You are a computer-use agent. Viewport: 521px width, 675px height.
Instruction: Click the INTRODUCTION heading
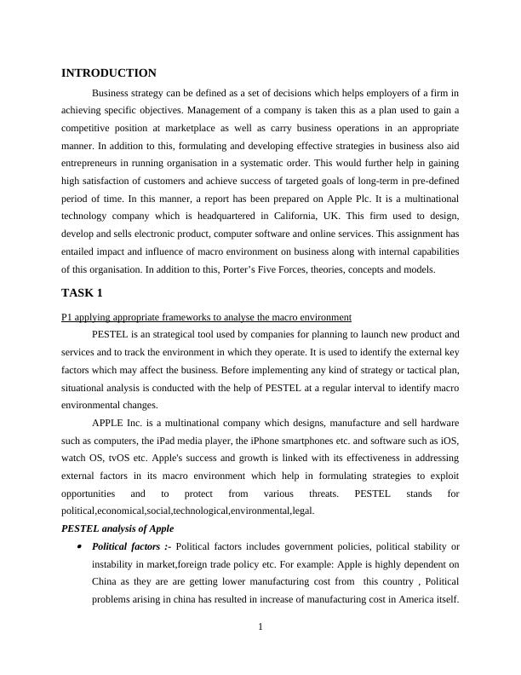click(x=109, y=73)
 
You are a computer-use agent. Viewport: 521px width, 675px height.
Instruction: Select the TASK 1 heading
click(x=82, y=293)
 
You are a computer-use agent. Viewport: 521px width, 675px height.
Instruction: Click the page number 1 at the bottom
click(x=260, y=628)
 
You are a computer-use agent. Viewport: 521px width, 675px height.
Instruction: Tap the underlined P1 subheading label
click(x=206, y=317)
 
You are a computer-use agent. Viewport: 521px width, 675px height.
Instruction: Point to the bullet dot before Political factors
click(x=79, y=547)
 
